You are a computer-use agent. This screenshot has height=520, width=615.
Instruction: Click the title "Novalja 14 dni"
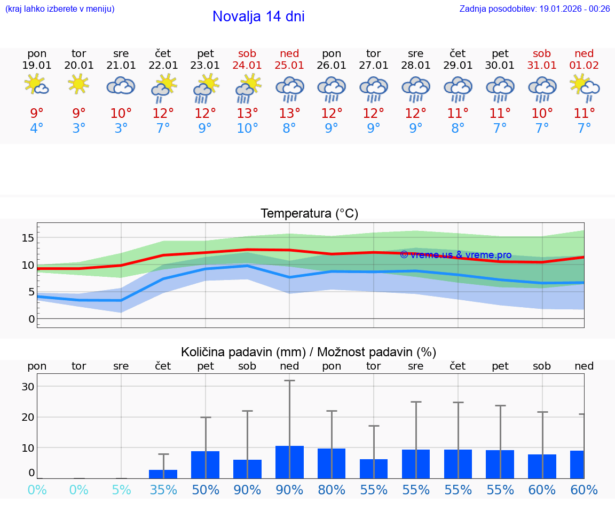point(258,17)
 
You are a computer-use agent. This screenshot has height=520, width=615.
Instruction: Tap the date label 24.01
point(247,65)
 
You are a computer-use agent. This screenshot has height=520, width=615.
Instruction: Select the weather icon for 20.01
point(79,84)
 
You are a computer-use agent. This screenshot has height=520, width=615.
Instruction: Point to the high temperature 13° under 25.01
point(289,113)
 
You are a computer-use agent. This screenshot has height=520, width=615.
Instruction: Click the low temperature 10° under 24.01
point(247,128)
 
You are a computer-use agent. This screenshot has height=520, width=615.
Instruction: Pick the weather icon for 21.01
point(121,85)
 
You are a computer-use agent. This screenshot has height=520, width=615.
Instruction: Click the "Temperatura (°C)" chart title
point(309,214)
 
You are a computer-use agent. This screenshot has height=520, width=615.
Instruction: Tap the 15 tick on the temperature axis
point(28,237)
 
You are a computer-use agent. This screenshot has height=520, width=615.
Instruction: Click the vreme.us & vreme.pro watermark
point(455,255)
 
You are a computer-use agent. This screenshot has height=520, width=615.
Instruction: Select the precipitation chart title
point(309,352)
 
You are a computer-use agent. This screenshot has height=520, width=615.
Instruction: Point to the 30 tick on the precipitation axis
point(28,387)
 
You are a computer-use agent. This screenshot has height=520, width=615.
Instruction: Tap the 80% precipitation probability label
point(332,490)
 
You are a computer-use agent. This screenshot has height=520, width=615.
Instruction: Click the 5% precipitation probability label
point(121,490)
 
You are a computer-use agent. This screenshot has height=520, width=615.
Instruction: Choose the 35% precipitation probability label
point(163,490)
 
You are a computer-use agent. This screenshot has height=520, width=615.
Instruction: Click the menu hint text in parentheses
point(60,9)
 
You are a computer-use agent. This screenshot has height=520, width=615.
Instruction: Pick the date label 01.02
point(584,65)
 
